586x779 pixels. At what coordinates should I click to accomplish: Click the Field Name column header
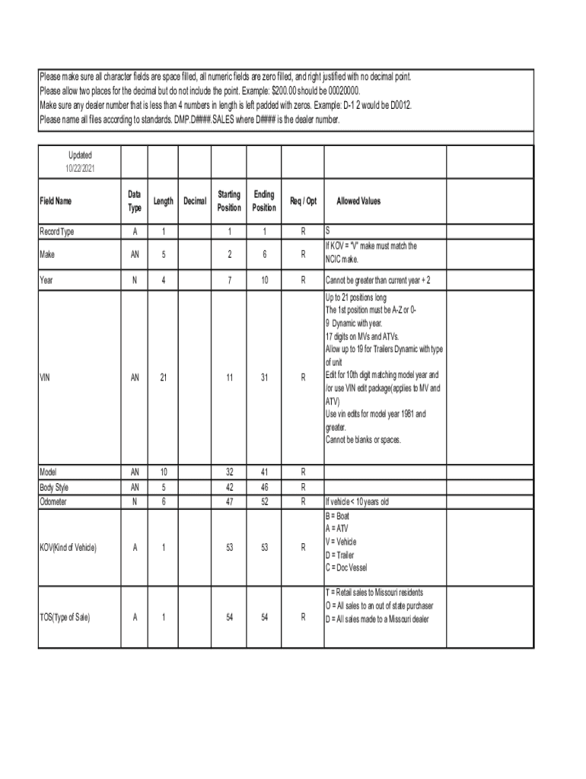(56, 202)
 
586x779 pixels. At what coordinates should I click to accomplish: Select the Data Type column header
(134, 202)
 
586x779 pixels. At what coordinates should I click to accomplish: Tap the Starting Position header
(228, 202)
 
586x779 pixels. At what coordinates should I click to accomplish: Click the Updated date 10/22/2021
(80, 168)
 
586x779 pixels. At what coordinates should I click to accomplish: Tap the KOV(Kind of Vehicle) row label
(68, 547)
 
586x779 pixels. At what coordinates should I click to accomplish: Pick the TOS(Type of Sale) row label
(65, 618)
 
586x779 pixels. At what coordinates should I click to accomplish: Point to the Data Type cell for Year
(134, 281)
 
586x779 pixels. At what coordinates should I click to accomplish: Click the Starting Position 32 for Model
(228, 472)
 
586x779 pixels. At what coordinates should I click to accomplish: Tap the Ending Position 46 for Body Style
(264, 487)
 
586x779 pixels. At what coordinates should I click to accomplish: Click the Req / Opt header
(303, 202)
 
